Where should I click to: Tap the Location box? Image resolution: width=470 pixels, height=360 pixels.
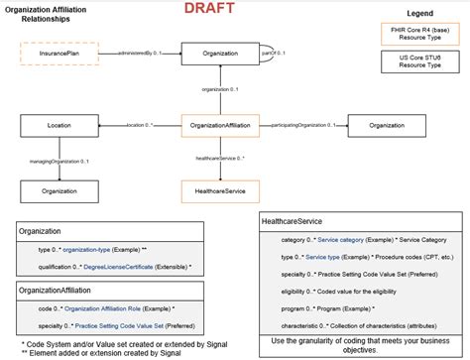(59, 126)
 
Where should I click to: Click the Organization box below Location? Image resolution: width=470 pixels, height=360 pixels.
(59, 188)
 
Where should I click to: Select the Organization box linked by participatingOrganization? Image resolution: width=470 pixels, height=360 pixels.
(386, 126)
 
